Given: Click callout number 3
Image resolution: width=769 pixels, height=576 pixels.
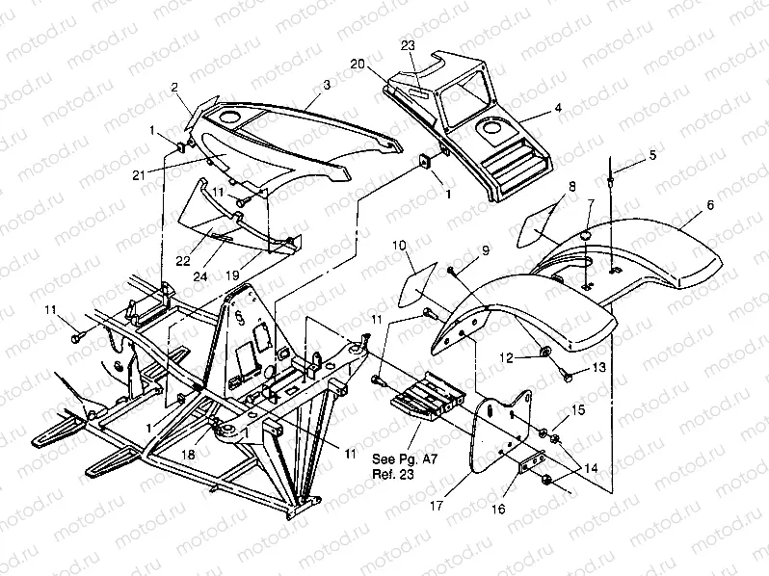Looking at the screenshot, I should tap(327, 86).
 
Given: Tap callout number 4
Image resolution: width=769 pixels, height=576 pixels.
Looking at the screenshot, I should tap(558, 109).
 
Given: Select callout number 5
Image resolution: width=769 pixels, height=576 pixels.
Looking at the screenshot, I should tap(651, 154).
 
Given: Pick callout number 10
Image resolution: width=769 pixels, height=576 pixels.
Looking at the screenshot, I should tap(399, 247).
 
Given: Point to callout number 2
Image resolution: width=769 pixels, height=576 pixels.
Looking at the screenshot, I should tap(175, 86).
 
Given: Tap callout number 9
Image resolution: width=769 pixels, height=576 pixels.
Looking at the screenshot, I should tap(486, 249).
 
